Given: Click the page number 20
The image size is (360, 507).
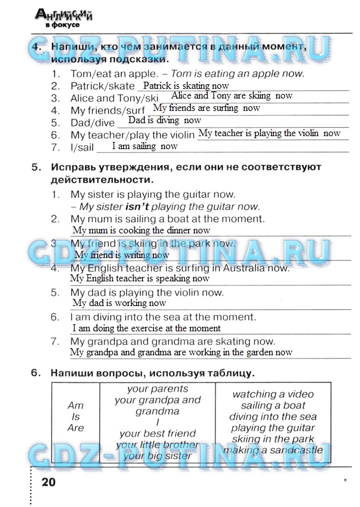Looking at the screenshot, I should point(48,481).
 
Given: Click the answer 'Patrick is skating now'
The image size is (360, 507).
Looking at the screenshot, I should point(186,86).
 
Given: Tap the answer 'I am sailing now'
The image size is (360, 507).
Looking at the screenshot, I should point(145,146).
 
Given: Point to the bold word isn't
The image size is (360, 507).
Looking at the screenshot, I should point(137,207).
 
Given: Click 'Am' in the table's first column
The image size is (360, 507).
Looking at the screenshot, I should point(76,405).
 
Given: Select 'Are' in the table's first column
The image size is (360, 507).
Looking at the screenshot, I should point(76,428).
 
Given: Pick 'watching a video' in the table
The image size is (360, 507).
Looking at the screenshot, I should point(273,394).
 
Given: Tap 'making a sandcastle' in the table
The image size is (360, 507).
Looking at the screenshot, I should point(273,450).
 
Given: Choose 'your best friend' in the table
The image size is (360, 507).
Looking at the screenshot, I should point(157,434).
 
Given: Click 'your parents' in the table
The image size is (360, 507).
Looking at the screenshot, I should point(157,389).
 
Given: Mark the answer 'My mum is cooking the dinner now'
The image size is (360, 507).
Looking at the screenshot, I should point(141,230).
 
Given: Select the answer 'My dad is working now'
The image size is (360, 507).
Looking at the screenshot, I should point(119,303).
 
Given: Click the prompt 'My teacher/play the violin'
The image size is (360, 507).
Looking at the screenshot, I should point(133,135).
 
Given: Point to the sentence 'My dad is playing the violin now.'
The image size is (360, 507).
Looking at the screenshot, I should point(147,293).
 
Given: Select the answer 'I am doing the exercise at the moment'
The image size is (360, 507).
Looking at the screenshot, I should point(147,328).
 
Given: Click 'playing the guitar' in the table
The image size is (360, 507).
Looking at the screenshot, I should point(273,428).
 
